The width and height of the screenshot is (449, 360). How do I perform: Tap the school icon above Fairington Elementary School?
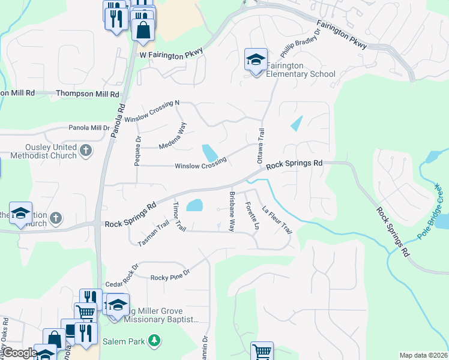256,60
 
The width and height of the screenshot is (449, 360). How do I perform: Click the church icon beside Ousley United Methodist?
86,150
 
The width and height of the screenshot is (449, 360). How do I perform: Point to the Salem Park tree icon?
155,340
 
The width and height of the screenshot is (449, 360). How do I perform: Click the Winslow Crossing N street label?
152,112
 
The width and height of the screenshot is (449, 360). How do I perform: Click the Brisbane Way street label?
231,212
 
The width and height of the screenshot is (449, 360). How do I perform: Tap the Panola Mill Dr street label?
89,128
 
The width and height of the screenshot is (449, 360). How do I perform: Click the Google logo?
20,353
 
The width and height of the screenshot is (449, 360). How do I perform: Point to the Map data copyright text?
423,355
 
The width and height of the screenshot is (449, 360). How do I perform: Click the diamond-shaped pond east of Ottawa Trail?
297,124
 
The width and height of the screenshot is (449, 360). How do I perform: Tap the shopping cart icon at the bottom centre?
261,351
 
